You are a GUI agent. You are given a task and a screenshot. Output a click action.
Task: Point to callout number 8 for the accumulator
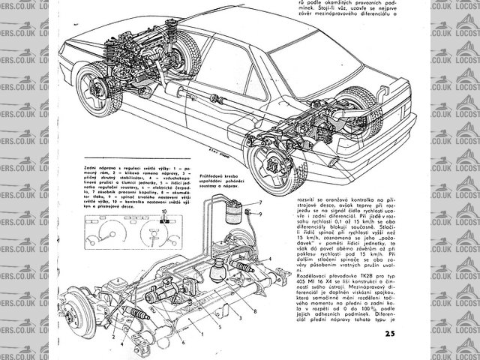tap(256, 309)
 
